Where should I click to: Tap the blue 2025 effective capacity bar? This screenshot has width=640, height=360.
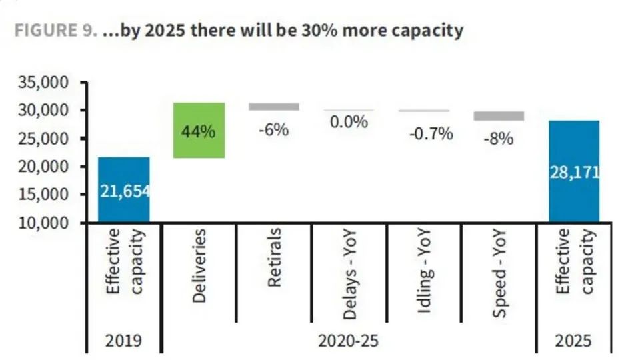pos(574,200)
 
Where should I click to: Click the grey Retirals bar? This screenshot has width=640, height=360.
pos(274,107)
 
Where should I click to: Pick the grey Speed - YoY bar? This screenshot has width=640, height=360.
pos(499,116)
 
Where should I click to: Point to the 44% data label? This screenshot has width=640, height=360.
pos(199,131)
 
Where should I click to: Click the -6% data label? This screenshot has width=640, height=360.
pos(274,130)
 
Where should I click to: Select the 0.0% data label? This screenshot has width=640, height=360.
pos(349,122)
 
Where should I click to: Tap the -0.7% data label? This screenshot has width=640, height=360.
pos(431,134)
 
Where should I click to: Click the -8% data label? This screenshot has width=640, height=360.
pos(499,139)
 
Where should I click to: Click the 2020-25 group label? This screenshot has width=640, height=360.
pos(349,341)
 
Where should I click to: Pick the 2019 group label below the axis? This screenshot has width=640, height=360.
pos(124,341)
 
